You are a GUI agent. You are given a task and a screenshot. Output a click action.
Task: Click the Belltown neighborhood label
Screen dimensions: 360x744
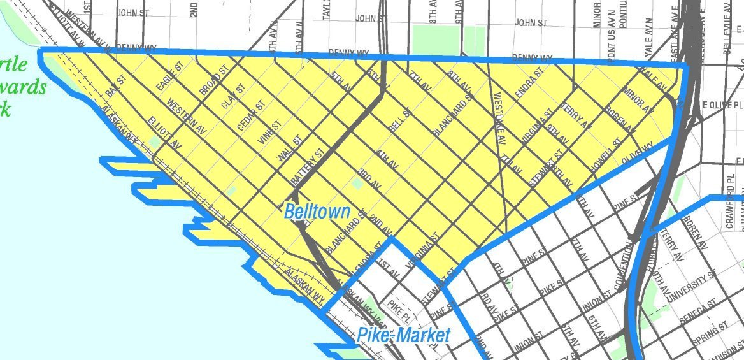[x=317, y=212]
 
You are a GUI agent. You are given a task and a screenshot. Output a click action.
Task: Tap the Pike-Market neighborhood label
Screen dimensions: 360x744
[x=403, y=335]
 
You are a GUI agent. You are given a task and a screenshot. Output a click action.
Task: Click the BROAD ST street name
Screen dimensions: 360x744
[x=213, y=81]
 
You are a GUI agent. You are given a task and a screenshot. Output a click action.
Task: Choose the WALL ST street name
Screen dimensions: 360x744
[x=289, y=150]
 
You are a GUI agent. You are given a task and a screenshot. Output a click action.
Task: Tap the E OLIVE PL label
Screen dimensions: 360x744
[x=721, y=104]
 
